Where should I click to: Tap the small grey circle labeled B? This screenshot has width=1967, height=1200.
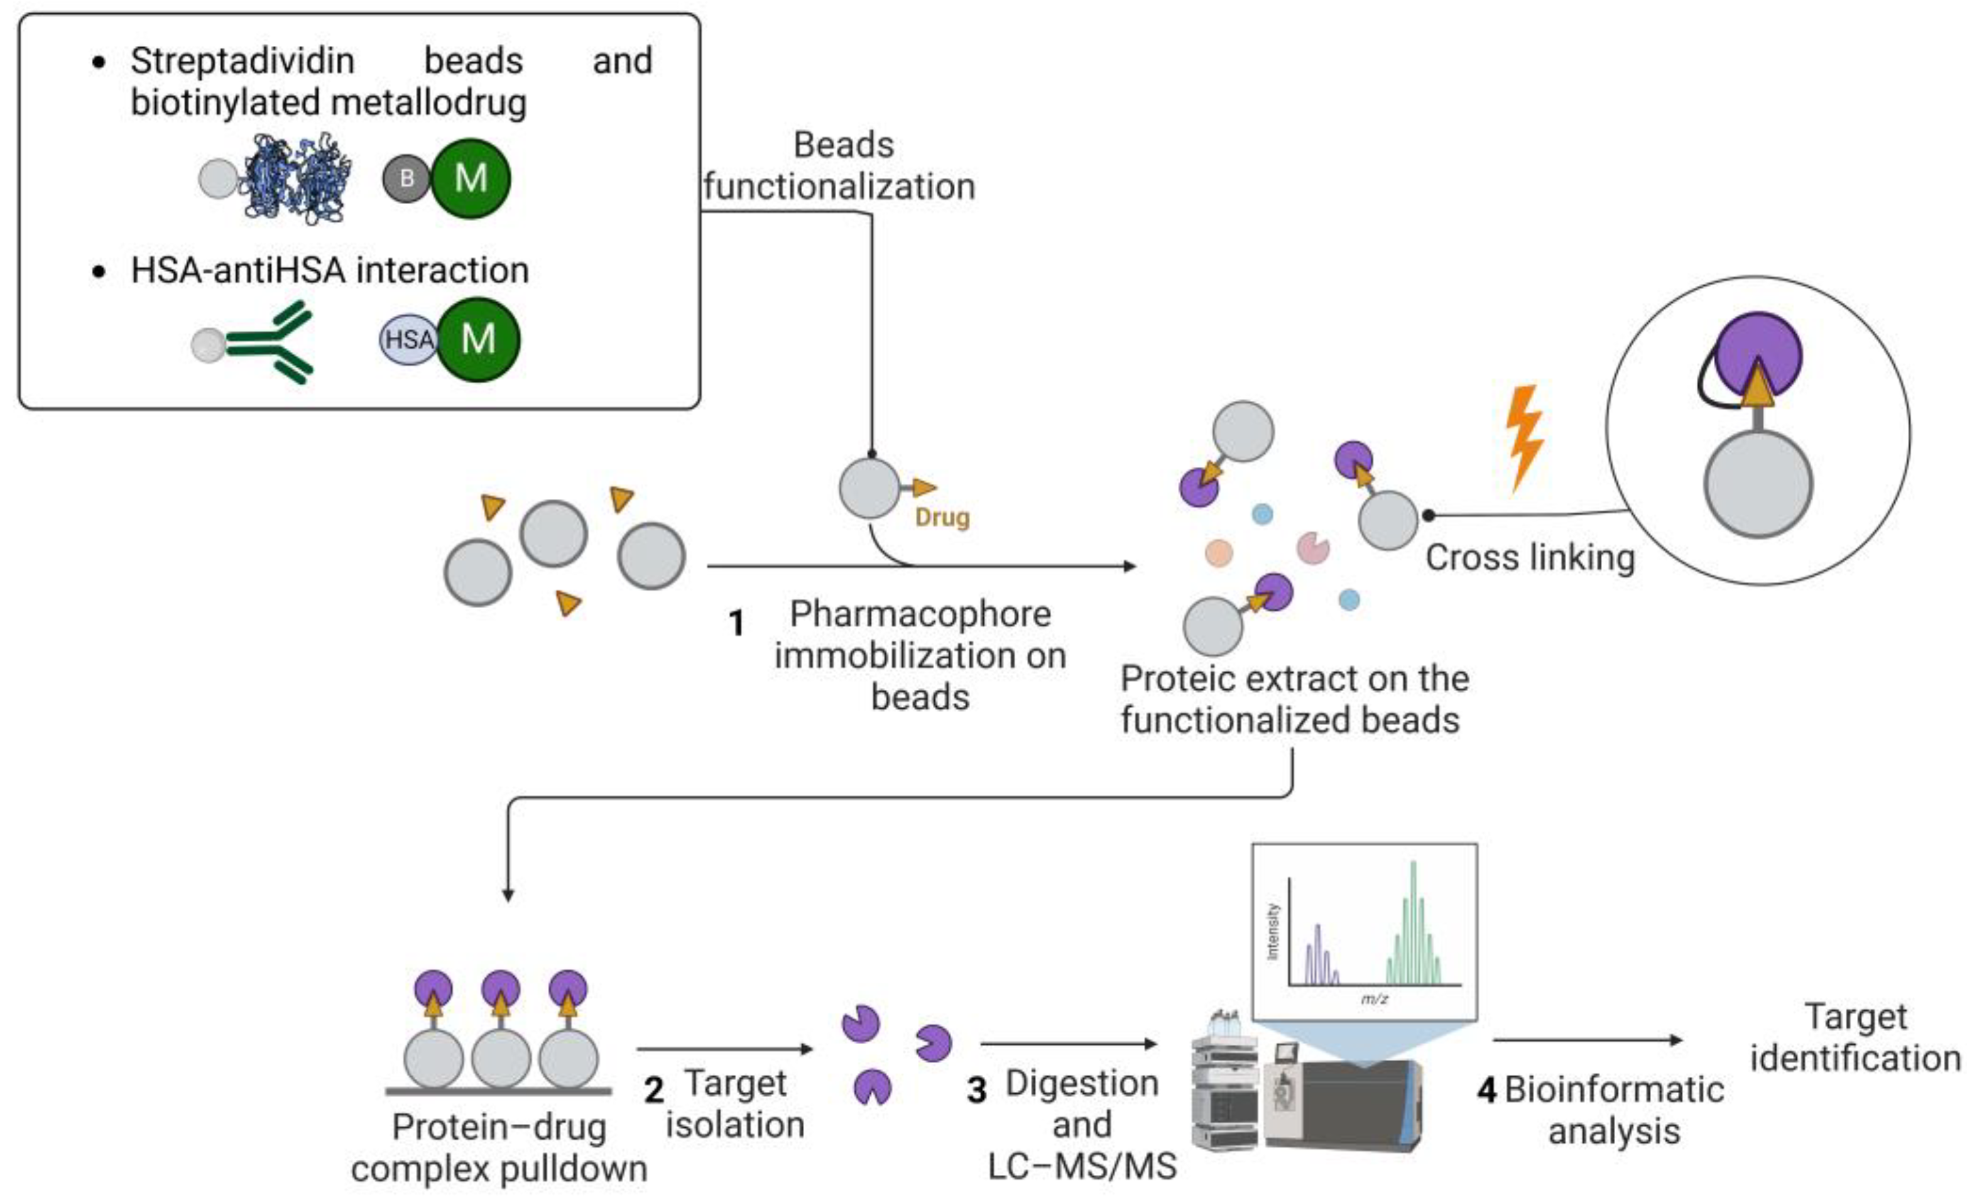tap(406, 178)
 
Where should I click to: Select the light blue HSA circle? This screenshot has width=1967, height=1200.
tap(408, 339)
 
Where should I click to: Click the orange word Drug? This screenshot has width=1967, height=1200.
tap(942, 517)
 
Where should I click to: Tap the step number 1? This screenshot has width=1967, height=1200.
tap(737, 623)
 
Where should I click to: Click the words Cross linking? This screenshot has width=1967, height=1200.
tap(1530, 557)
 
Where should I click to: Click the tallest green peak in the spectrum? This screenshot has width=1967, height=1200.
tap(1413, 918)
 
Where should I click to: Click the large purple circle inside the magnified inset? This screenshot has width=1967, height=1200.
tap(1758, 351)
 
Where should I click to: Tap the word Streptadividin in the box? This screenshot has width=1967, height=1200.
tap(242, 61)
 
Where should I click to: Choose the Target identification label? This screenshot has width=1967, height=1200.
tap(1855, 1038)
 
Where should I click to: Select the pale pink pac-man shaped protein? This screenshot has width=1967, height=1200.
tap(1312, 548)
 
